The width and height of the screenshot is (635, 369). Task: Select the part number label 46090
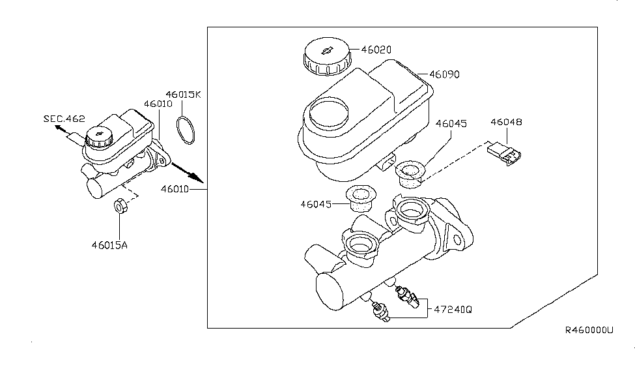pyautogui.click(x=444, y=74)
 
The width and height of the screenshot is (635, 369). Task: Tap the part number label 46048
pyautogui.click(x=507, y=122)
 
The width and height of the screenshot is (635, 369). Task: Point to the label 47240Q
pyautogui.click(x=450, y=310)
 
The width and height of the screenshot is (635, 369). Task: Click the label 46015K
pyautogui.click(x=184, y=95)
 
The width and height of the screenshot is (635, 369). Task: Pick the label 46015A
pyautogui.click(x=120, y=246)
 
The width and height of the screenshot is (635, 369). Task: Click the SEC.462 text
pyautogui.click(x=64, y=119)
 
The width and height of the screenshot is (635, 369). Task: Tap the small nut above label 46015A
pyautogui.click(x=120, y=206)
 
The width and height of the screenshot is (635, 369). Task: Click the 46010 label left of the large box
pyautogui.click(x=175, y=189)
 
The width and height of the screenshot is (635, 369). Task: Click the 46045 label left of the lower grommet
pyautogui.click(x=315, y=204)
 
